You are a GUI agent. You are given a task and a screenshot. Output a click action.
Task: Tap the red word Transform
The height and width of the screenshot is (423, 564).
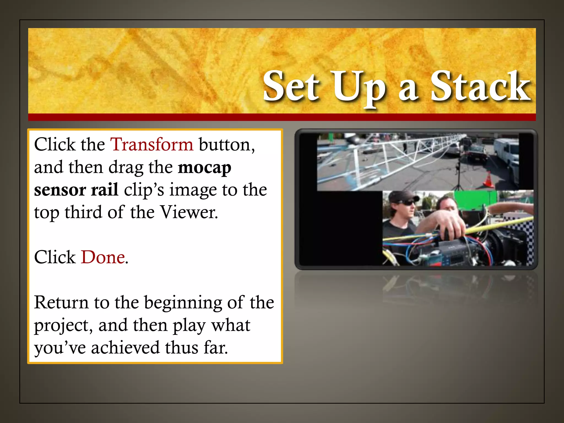[x=152, y=144]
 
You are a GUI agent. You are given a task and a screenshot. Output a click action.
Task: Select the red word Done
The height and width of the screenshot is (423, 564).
[x=103, y=257]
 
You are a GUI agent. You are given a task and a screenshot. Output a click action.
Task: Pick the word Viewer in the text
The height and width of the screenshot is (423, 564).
[x=189, y=212]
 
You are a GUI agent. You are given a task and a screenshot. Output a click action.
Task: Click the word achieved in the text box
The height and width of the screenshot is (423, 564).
[x=125, y=348]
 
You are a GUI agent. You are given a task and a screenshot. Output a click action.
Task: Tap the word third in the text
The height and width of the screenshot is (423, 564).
[x=83, y=212]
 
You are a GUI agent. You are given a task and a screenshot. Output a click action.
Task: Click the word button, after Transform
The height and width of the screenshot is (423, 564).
[x=227, y=144]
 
